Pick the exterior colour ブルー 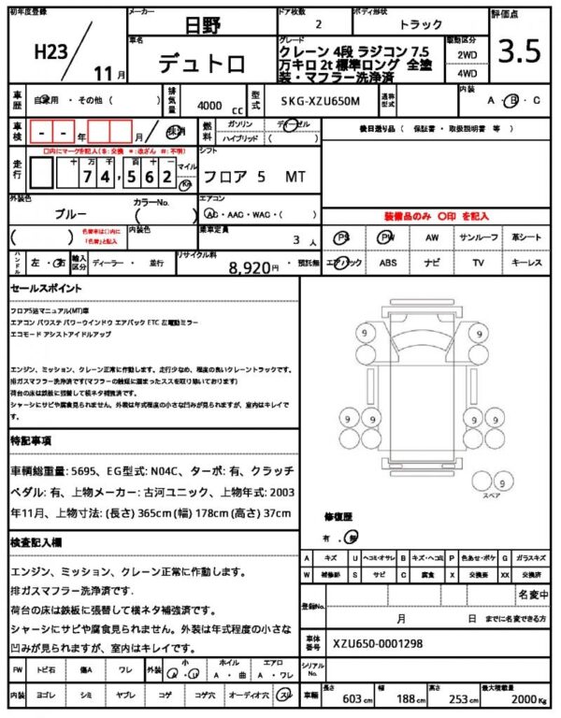click(x=71, y=213)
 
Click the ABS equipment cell click(x=387, y=264)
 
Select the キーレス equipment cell click(x=526, y=264)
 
